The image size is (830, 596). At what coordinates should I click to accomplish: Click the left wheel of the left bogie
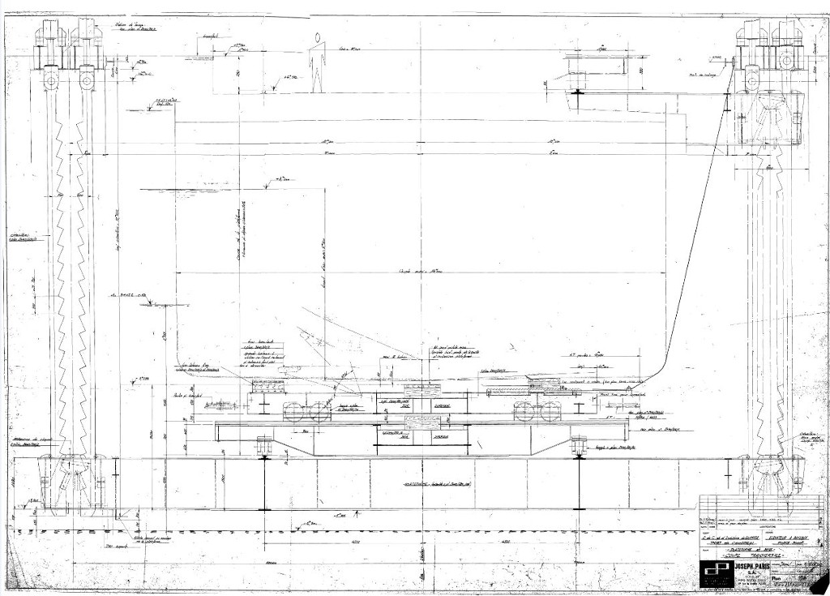pyautogui.click(x=294, y=412)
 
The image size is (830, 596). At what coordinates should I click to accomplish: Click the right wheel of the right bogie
pyautogui.click(x=554, y=412)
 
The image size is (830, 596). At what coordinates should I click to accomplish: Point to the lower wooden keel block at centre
pyautogui.click(x=421, y=421)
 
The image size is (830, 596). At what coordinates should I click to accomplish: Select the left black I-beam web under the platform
pyautogui.click(x=264, y=483)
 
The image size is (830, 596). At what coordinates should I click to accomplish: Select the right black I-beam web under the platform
pyautogui.click(x=578, y=483)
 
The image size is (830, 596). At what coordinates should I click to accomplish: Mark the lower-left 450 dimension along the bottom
pyautogui.click(x=334, y=542)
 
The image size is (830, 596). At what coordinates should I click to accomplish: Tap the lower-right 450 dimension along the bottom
pyautogui.click(x=504, y=542)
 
